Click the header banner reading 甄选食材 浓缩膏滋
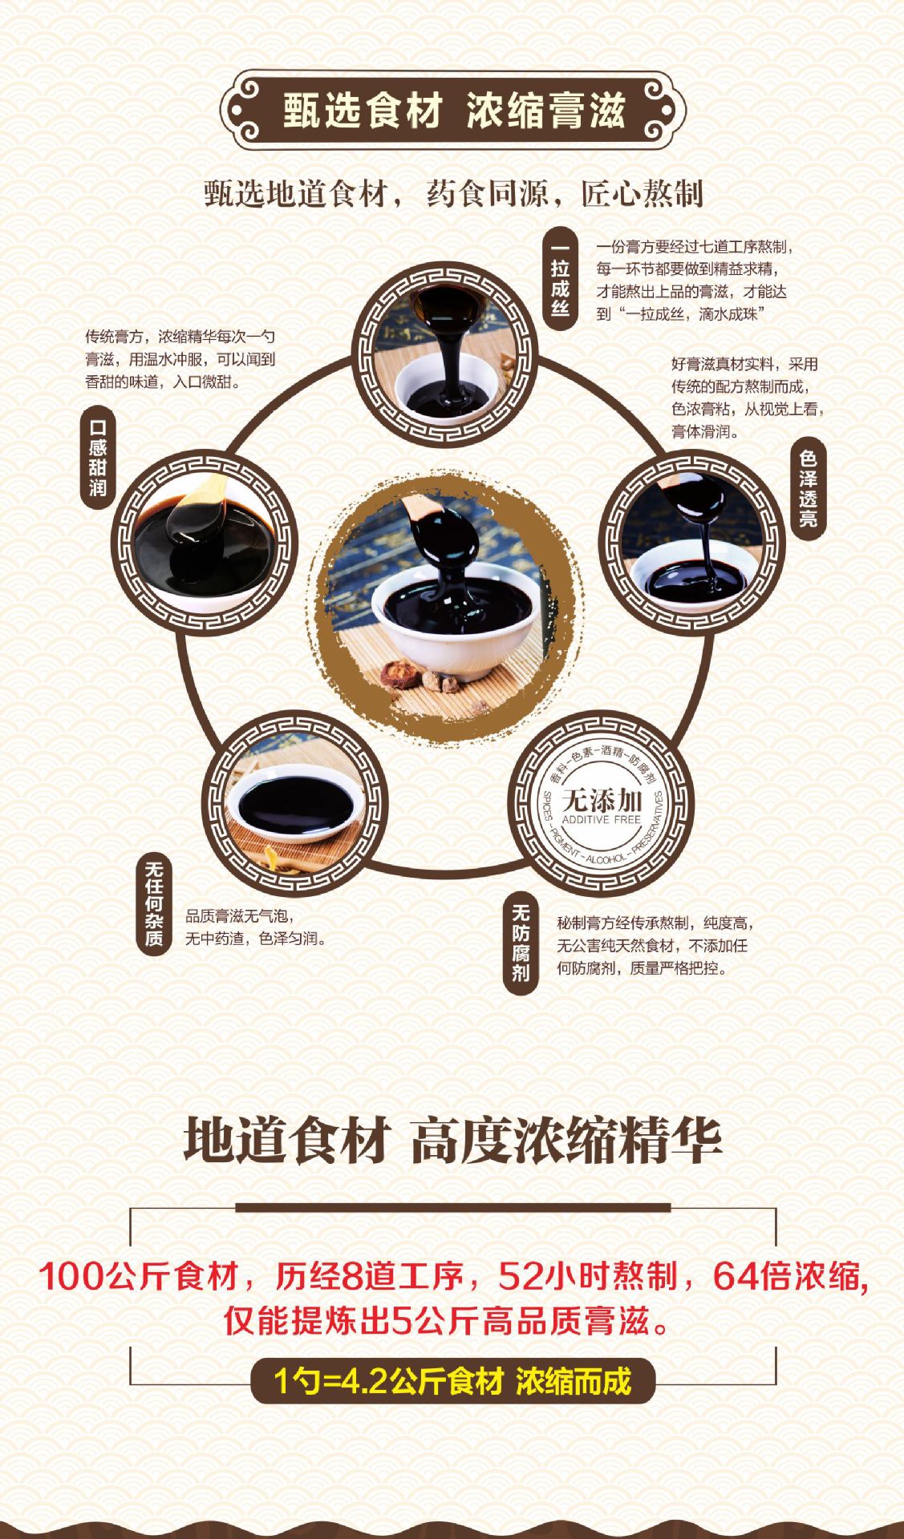click(452, 110)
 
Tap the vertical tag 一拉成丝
click(560, 279)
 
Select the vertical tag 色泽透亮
click(807, 488)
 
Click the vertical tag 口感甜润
click(98, 457)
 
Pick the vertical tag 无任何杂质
click(154, 905)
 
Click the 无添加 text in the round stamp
click(602, 800)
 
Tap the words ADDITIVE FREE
click(602, 820)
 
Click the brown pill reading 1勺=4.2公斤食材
click(452, 1380)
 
